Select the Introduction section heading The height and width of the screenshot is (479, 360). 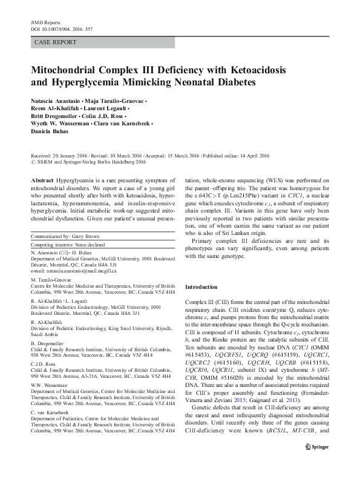[x=202, y=286]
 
